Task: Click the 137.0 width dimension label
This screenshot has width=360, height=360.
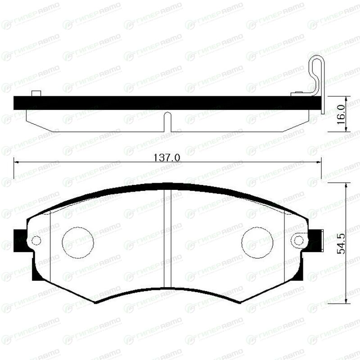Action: (x=167, y=157)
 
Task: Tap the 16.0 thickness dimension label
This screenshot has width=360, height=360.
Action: (x=341, y=115)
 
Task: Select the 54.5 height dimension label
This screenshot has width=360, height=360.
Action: (x=341, y=243)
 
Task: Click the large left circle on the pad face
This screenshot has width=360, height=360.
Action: (x=78, y=243)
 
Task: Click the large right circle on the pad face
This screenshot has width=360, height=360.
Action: (x=257, y=243)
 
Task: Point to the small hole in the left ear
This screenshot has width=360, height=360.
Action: (x=36, y=241)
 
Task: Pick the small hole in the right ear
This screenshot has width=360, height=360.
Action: (x=298, y=241)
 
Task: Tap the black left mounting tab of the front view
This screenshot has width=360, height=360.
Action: (x=20, y=240)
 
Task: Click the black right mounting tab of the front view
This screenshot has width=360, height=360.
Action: (x=315, y=240)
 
